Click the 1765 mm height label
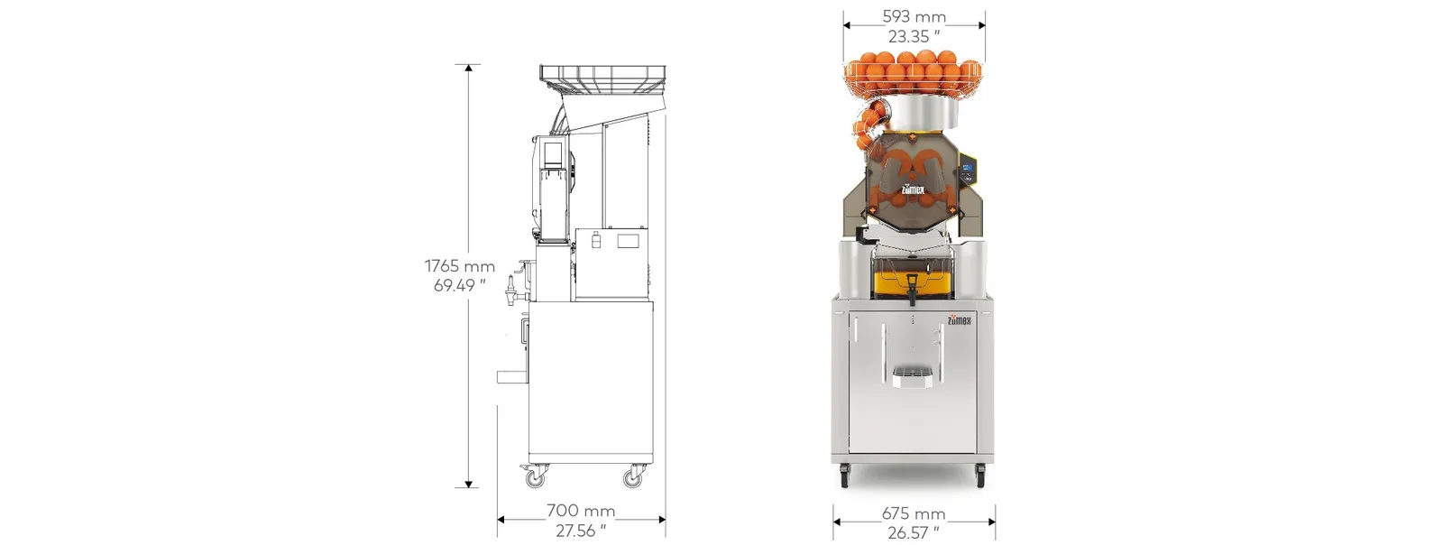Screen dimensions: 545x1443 [459, 266]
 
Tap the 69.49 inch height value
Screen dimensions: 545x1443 [459, 286]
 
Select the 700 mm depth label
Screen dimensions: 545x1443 [580, 511]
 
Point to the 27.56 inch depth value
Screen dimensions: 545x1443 [580, 531]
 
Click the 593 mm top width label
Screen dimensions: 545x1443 [914, 16]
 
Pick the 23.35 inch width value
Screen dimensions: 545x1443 [914, 36]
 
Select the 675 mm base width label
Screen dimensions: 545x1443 [914, 513]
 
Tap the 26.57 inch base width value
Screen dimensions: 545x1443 [914, 532]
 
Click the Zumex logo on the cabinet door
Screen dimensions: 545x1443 [960, 319]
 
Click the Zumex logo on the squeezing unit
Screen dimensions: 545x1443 [913, 189]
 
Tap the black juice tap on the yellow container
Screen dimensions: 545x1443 [912, 289]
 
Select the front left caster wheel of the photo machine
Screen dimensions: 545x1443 [845, 473]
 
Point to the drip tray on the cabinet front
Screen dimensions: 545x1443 [912, 377]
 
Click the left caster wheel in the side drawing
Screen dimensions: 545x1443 [537, 476]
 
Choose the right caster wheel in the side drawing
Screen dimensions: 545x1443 [633, 476]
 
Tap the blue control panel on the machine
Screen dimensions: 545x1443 [966, 171]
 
